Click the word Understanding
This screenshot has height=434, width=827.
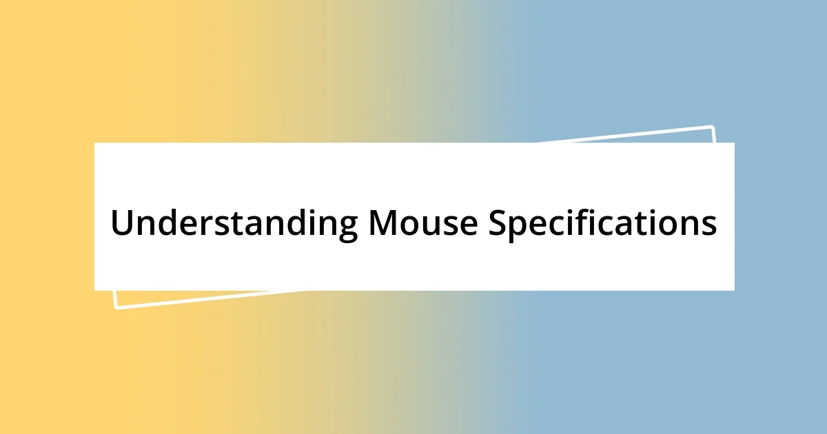click(x=234, y=223)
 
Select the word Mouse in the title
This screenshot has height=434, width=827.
click(x=423, y=223)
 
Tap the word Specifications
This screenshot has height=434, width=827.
click(x=602, y=223)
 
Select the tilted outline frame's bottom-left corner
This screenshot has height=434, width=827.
click(x=116, y=308)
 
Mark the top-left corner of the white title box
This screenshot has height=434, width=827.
click(x=94, y=143)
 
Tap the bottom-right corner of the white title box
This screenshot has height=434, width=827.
click(x=734, y=290)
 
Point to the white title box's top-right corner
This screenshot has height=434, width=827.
click(x=734, y=143)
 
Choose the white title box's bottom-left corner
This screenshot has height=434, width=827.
click(x=94, y=290)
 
